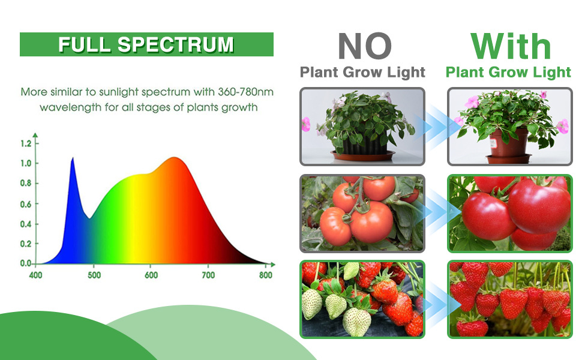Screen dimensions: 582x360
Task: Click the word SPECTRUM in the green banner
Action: click(x=176, y=44)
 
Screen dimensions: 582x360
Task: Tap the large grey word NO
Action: click(x=364, y=46)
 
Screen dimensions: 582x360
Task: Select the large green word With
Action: click(x=511, y=46)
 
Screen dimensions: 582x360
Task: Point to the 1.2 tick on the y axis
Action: click(x=37, y=143)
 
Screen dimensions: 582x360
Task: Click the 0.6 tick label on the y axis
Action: click(x=26, y=204)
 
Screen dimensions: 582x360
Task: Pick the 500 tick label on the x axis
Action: click(x=94, y=275)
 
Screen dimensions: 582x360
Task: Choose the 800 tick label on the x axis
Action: click(x=266, y=275)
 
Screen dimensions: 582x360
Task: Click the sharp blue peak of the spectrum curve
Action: click(x=73, y=158)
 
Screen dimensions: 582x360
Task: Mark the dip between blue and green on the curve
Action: click(x=89, y=218)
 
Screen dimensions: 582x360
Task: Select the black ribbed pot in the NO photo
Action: click(x=365, y=144)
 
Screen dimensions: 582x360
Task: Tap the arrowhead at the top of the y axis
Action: click(x=35, y=136)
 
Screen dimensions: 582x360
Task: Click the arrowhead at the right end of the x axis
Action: click(x=273, y=264)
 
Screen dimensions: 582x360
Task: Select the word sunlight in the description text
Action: click(x=119, y=92)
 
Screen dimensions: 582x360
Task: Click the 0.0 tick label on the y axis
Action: click(x=26, y=263)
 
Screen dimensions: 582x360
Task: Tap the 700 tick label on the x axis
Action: click(x=208, y=275)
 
